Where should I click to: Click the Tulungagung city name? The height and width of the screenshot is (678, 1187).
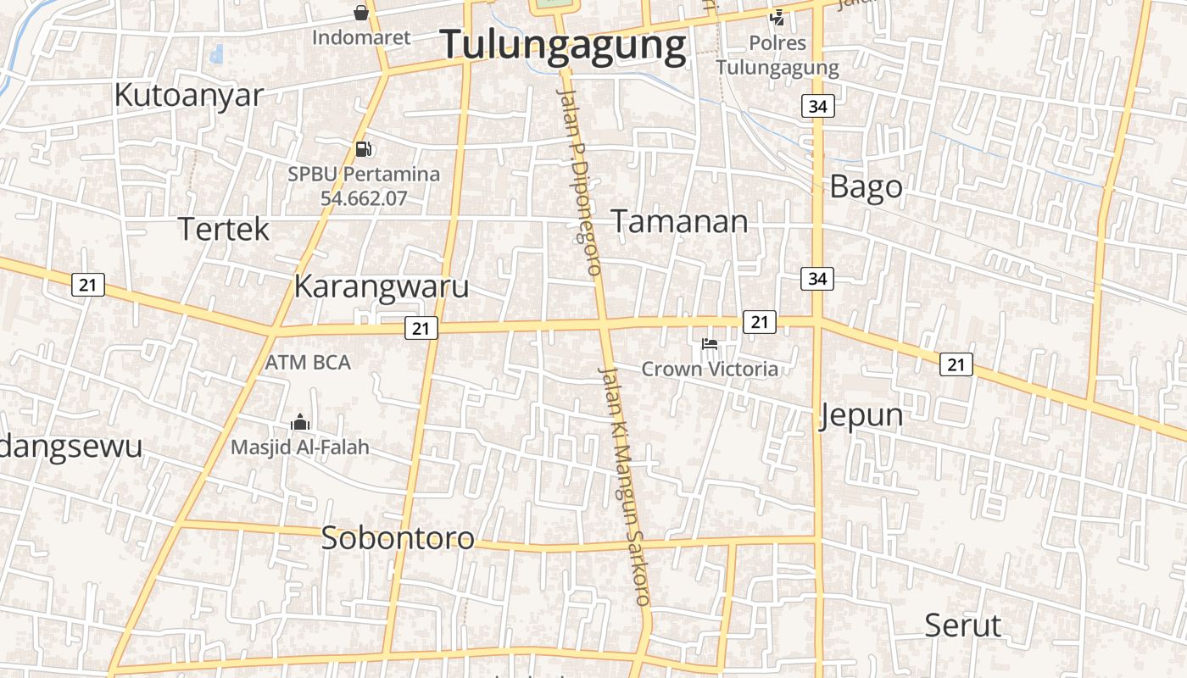(564, 45)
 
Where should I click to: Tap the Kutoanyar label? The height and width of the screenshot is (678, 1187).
(189, 95)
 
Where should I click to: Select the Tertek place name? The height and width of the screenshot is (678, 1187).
(224, 229)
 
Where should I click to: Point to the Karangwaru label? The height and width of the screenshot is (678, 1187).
(381, 286)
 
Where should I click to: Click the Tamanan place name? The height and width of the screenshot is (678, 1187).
(679, 221)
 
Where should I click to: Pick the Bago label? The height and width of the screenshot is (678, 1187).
(866, 186)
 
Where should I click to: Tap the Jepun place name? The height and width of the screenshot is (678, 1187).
(861, 415)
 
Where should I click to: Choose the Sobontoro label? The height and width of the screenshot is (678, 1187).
(397, 538)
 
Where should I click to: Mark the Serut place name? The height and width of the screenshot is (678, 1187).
(962, 625)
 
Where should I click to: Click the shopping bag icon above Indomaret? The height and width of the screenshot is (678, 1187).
(361, 12)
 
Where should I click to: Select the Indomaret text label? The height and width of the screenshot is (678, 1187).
(361, 37)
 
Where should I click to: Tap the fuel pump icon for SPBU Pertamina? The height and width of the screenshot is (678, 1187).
(363, 149)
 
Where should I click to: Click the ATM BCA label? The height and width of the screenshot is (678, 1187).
(308, 362)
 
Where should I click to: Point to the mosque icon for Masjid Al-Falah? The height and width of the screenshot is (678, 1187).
(300, 422)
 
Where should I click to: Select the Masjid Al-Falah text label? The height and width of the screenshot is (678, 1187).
(300, 447)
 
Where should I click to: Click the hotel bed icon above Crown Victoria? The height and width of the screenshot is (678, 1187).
(710, 344)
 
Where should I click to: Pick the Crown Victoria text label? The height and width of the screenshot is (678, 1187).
(710, 369)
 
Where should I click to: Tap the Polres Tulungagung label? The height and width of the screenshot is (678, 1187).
(777, 55)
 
